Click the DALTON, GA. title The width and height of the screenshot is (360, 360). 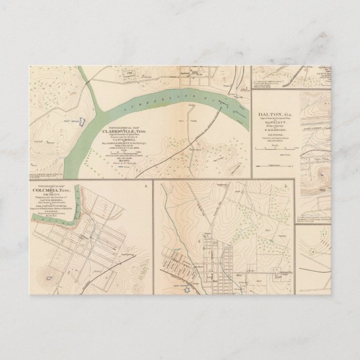pos(273,114)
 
